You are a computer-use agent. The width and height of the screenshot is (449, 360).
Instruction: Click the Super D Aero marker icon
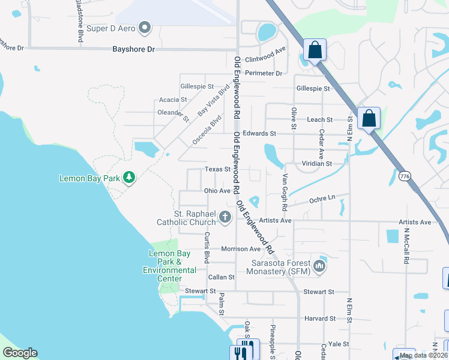tap(145, 27)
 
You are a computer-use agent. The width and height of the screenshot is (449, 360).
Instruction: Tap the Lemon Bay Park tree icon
tap(128, 177)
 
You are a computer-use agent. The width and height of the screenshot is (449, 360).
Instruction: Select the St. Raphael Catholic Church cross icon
tap(225, 217)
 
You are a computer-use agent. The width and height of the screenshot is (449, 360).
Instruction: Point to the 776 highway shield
tap(404, 175)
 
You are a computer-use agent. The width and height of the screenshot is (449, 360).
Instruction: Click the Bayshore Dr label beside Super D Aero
tap(133, 49)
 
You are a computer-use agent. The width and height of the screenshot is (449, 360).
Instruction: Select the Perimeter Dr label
tap(267, 73)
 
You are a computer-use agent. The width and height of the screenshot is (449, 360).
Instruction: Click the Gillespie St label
tap(313, 88)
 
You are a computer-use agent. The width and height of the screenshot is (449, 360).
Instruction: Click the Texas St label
tap(217, 169)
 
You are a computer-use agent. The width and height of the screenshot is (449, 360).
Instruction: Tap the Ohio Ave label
tap(217, 191)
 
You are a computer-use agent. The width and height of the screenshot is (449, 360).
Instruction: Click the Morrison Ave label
tap(241, 249)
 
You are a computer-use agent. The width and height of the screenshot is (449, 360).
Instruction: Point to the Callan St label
tap(221, 277)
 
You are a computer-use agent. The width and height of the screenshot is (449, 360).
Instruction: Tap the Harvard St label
tap(320, 318)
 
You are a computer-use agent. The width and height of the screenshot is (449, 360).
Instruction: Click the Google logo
tap(20, 353)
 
